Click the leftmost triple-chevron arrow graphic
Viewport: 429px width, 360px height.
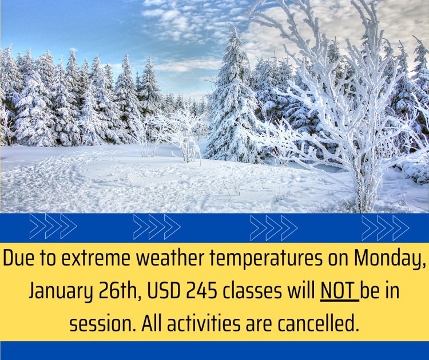53,228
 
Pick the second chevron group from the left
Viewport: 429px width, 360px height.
157,228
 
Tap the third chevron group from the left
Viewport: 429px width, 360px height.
274,228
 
